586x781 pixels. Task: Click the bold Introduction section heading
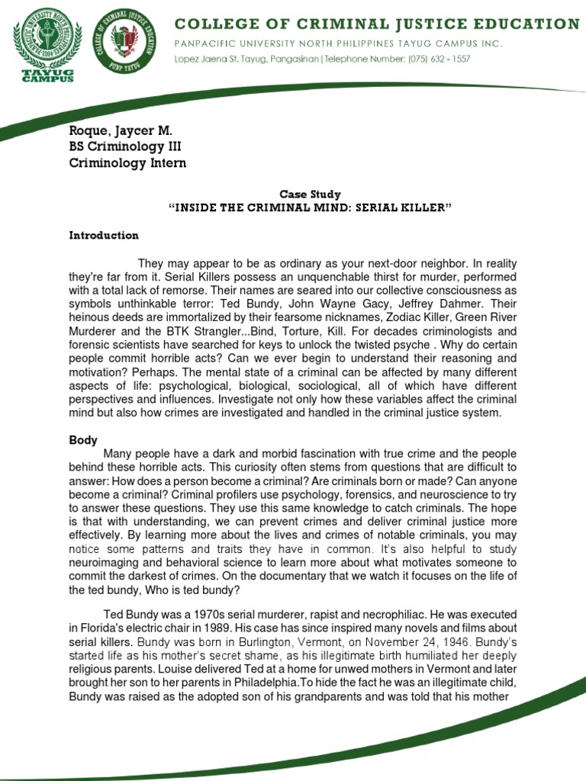pos(104,236)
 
